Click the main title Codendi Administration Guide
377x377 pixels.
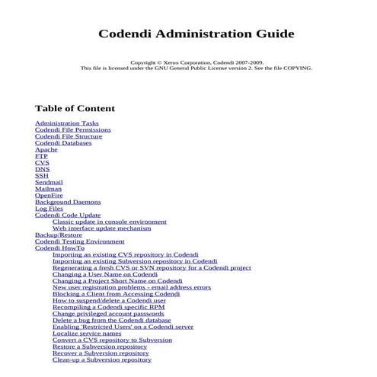(196, 34)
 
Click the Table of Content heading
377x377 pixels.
(75, 108)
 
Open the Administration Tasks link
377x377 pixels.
(66, 123)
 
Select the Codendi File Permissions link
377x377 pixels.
(72, 129)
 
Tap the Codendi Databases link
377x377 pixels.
(63, 142)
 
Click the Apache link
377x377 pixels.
(46, 149)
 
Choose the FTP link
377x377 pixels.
(41, 156)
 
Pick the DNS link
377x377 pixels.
(42, 169)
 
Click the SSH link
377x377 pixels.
(41, 175)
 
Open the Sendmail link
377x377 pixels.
(49, 182)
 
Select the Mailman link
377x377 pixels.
(49, 189)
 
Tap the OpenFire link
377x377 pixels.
(50, 196)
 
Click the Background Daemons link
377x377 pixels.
(67, 202)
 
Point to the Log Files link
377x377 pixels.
(49, 209)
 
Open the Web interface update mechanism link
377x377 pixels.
(101, 228)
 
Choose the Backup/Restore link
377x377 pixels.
(58, 235)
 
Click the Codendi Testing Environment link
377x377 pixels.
(79, 241)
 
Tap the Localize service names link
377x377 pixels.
(87, 333)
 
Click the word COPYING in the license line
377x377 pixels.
(298, 68)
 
